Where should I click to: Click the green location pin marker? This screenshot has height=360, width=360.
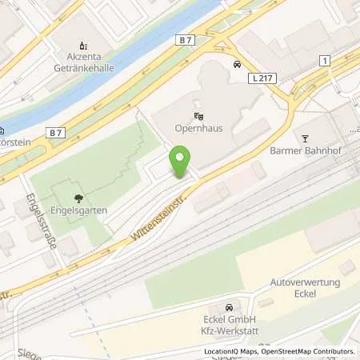182,162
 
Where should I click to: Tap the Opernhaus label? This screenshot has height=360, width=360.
198,130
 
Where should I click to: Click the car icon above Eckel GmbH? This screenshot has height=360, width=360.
229,307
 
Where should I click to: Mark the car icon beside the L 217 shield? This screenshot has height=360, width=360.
237,63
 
